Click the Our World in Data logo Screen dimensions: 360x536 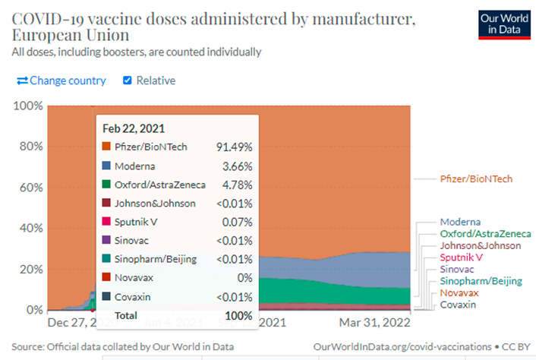[x=503, y=23]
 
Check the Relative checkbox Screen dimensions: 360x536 [x=128, y=81]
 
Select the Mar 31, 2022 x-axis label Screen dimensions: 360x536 [x=374, y=322]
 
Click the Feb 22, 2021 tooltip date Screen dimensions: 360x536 [x=134, y=128]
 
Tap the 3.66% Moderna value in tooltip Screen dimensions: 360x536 [x=237, y=166]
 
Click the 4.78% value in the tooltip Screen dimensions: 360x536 [x=237, y=184]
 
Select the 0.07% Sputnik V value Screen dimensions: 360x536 [x=237, y=222]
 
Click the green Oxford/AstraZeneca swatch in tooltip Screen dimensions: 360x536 [x=107, y=184]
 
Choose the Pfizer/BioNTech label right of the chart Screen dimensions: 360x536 [x=476, y=179]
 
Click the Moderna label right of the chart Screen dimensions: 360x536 [x=460, y=221]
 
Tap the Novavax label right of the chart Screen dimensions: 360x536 [x=459, y=292]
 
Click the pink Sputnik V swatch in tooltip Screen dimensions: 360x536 [x=107, y=222]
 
